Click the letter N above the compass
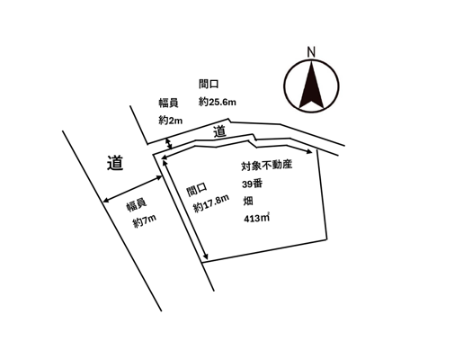coord(311,52)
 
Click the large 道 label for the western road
coord(115,163)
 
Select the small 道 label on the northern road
coord(219,132)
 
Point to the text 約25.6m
coord(217,102)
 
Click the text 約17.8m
coord(211,203)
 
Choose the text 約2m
coord(171,121)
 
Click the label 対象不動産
coord(267,166)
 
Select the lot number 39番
coord(253,184)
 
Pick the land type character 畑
coord(248,201)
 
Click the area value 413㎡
coord(256,218)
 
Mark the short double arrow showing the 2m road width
coord(169,144)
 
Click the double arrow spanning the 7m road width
coord(132,189)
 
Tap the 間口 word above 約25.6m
coord(209,84)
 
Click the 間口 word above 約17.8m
coord(197,190)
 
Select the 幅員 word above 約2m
coord(168,103)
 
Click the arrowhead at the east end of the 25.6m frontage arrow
coord(309,151)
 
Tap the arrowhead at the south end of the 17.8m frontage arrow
coord(206,256)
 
